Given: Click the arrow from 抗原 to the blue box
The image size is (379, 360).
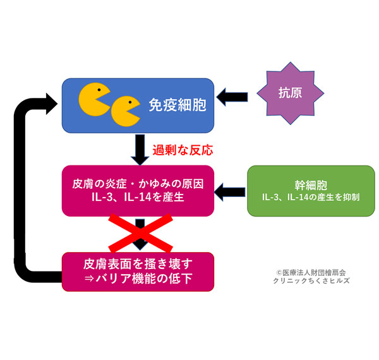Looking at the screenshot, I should click(x=233, y=97).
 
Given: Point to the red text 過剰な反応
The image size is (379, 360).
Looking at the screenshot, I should click(x=183, y=150).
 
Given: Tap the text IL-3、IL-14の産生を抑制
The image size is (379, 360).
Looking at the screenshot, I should click(x=311, y=198).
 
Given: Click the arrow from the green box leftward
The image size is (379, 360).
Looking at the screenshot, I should click(x=231, y=189).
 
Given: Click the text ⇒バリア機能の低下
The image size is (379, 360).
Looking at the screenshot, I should click(x=138, y=277).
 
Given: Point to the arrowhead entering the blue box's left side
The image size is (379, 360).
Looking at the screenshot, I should click(x=51, y=100).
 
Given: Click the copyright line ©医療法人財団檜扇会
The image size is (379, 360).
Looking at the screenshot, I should click(x=311, y=272).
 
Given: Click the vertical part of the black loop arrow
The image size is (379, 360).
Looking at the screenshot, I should click(x=23, y=189).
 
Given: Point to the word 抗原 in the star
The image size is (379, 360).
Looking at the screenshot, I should click(x=290, y=92).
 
